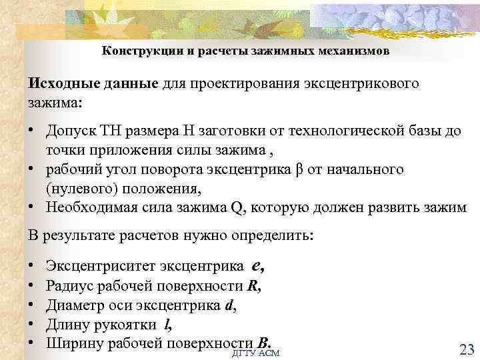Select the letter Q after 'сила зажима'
(x=237, y=207)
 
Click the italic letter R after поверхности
(x=252, y=287)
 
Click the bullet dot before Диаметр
(x=32, y=306)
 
